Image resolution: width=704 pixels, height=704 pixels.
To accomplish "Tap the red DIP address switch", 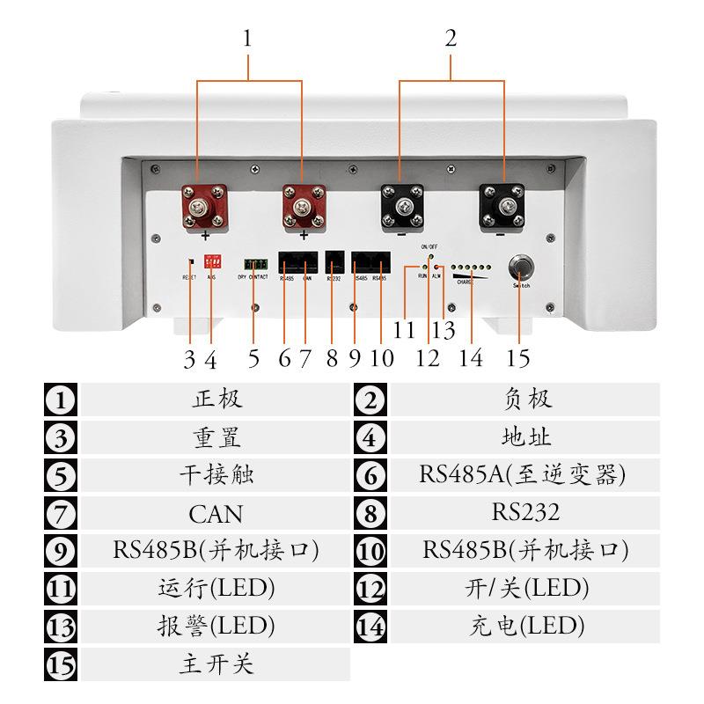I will pos(211,261).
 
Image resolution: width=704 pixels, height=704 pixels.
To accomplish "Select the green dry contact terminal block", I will pos(256,264).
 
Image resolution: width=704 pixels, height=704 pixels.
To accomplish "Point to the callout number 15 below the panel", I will pos(517,358).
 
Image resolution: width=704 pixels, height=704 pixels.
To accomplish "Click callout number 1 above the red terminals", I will pos(249,40).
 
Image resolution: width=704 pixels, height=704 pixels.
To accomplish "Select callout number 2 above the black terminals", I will pos(451,40).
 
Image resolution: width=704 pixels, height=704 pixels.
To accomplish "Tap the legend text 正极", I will pos(216,399).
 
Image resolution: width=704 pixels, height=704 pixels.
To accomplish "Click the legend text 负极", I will pos(526,399).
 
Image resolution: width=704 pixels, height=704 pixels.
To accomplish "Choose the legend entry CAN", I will pos(216,513).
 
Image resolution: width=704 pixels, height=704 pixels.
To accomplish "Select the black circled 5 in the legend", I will pos(60,476).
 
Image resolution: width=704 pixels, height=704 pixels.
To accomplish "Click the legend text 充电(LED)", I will pos(524,626).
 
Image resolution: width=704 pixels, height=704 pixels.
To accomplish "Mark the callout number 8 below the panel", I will pos(332,358).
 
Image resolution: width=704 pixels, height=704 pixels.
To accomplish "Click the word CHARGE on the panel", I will pos(464,282).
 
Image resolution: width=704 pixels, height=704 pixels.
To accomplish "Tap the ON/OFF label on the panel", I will pos(430,246).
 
